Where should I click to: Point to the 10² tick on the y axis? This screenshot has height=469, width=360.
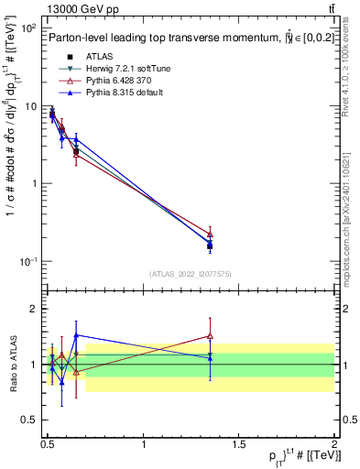[28, 29]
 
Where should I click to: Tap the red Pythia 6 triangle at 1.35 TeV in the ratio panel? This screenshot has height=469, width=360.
[210, 335]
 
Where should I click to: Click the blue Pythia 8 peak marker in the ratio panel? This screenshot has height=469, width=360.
[76, 335]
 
